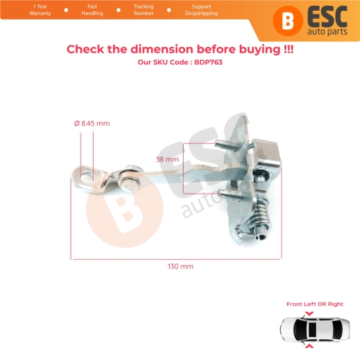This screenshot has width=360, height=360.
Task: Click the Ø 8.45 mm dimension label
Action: coord(93,124)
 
